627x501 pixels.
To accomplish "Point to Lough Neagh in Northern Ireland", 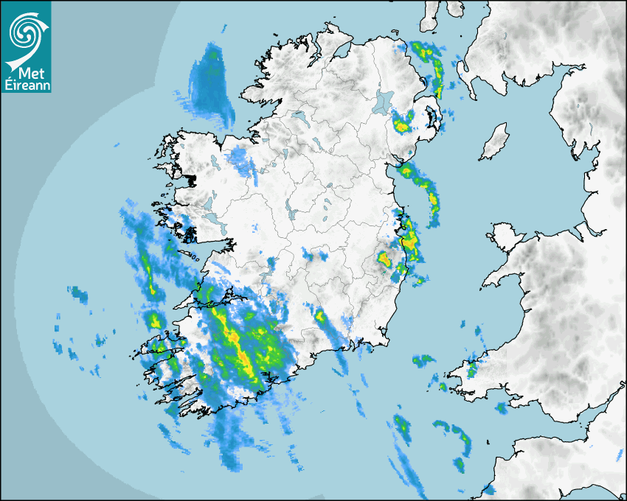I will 384,101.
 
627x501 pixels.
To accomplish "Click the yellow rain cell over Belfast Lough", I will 402,125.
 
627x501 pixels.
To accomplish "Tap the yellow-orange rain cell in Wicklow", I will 384,259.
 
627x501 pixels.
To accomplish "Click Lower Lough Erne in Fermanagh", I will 299,117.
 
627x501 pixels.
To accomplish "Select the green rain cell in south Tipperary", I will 321,318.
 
